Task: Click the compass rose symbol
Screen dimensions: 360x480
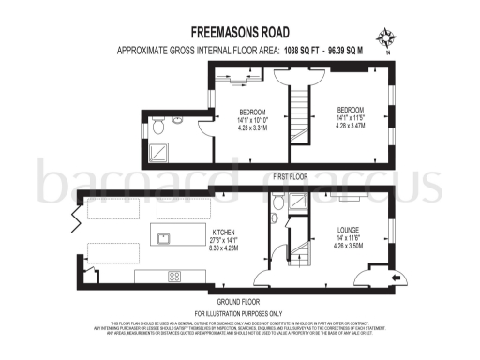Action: coord(386,39)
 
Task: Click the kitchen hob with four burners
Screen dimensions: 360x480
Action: coord(173,276)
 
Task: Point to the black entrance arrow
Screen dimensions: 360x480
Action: coord(393,278)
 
